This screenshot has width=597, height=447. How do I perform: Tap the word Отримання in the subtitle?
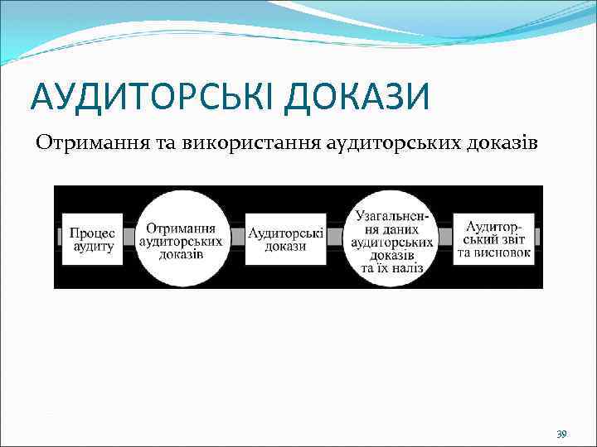92,143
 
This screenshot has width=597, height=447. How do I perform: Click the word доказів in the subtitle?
502,143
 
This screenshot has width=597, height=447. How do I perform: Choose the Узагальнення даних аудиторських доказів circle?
391,237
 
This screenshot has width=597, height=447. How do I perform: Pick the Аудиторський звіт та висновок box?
493,237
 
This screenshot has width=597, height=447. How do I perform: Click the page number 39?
561,434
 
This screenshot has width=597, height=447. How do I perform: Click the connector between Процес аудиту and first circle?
129,237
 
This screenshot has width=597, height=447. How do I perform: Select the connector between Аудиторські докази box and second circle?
335,237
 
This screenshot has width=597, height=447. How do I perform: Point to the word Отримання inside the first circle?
182,226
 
